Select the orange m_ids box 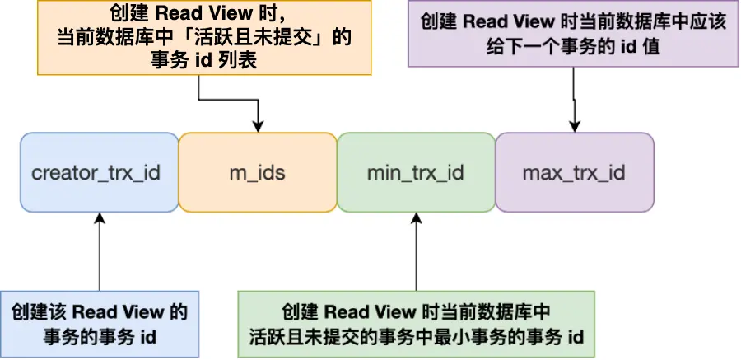(257, 173)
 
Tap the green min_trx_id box (416, 173)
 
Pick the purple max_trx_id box (574, 173)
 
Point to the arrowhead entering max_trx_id (574, 126)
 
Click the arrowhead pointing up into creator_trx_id (99, 217)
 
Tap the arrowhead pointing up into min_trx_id (416, 217)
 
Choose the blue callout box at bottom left (99, 324)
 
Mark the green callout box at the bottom (415, 324)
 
